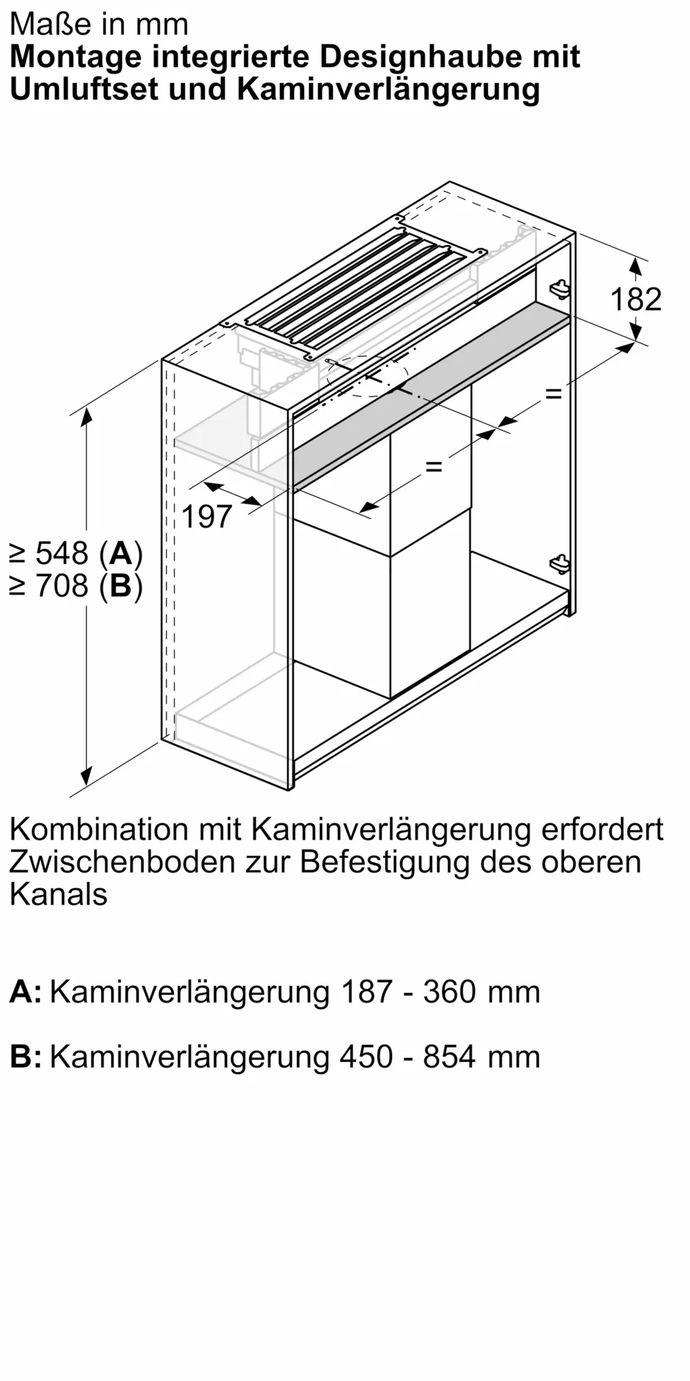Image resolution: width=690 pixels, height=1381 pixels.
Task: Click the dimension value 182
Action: (x=635, y=299)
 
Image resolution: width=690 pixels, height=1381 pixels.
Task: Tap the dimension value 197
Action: (x=207, y=516)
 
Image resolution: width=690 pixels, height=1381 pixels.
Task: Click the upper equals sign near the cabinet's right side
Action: (x=553, y=394)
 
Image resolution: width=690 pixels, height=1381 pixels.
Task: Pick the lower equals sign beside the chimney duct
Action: (x=433, y=467)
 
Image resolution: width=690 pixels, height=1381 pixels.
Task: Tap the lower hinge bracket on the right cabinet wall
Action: (x=560, y=562)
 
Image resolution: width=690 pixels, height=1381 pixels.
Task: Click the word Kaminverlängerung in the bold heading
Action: (x=388, y=90)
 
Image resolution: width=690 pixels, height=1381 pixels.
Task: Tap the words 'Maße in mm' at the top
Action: (x=99, y=24)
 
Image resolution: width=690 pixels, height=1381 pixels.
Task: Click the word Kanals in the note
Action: (x=59, y=894)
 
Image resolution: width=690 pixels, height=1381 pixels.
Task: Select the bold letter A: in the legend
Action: (x=26, y=992)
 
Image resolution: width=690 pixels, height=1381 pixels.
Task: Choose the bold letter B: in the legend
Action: (x=26, y=1057)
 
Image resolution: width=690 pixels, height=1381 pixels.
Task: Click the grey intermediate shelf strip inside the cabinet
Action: (x=428, y=400)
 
